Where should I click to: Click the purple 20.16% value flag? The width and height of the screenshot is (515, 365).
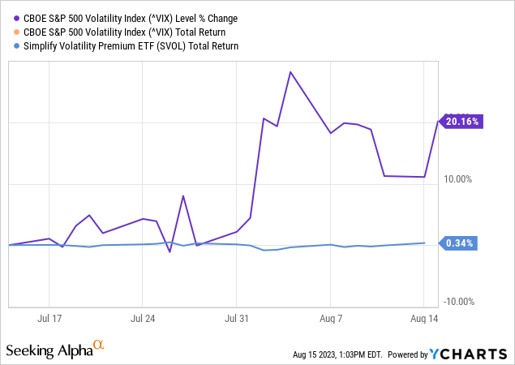[x=461, y=122]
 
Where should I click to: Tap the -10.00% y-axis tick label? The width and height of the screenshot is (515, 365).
[x=458, y=302]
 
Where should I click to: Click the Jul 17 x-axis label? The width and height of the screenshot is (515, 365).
[x=49, y=320]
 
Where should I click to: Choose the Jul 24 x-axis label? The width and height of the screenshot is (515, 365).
[x=143, y=320]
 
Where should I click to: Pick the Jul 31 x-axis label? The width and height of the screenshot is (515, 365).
[x=237, y=320]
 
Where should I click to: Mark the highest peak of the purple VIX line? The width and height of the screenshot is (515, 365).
[x=290, y=72]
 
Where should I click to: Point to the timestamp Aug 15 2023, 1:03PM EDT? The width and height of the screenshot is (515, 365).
[x=337, y=354]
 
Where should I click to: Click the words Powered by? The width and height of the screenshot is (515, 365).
[x=407, y=354]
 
